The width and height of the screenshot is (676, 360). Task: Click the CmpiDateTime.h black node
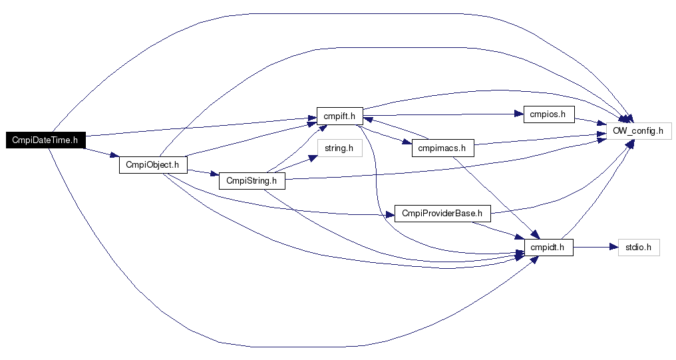45,140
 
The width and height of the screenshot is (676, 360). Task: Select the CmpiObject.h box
153,164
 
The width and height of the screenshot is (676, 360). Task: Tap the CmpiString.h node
252,180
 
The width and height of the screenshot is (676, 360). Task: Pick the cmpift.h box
340,116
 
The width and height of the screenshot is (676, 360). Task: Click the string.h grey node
340,148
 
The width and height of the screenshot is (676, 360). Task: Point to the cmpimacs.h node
442,148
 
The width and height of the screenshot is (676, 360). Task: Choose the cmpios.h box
549,114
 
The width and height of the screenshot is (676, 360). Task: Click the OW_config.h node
639,130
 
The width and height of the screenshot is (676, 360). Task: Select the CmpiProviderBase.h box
442,214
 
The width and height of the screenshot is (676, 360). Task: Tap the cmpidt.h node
549,248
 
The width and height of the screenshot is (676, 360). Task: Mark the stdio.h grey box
639,248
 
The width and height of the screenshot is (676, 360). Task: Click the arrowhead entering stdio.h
614,248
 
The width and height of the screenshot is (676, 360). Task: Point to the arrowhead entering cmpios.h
519,114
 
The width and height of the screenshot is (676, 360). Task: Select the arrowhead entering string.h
313,158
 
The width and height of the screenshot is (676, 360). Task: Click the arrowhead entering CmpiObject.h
114,155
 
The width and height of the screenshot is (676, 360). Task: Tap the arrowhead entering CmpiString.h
215,174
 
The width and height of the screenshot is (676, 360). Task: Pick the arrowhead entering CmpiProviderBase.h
390,214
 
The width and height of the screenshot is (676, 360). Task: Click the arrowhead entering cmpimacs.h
408,142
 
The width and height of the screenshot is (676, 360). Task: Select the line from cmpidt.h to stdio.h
591,248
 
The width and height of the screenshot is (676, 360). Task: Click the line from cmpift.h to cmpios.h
439,115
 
